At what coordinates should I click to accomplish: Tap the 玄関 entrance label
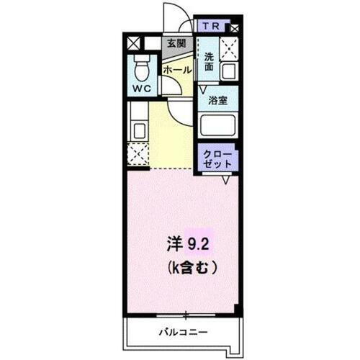(x=176, y=43)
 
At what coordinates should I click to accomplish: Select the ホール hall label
(x=176, y=70)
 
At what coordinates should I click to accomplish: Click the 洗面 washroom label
(x=208, y=62)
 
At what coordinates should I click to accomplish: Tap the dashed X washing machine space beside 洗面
(x=229, y=48)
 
